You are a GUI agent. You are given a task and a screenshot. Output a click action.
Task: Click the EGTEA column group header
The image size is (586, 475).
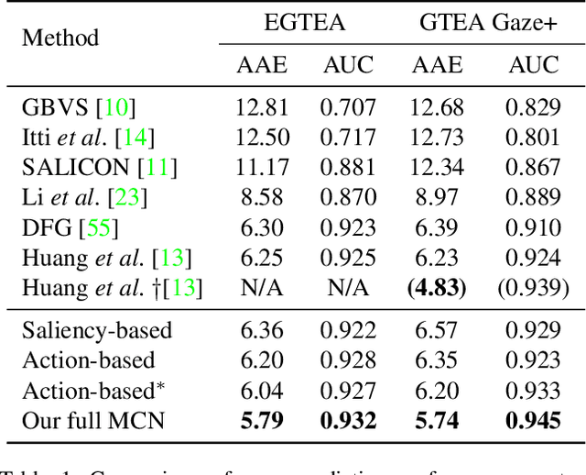click(304, 22)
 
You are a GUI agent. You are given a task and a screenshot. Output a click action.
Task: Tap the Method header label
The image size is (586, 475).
click(60, 39)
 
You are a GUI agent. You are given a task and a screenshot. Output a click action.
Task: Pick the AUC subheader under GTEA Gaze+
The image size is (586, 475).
click(533, 65)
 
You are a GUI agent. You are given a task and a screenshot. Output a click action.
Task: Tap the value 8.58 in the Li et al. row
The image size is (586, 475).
click(262, 197)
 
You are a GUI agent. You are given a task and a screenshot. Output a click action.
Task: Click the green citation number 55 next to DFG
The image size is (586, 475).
click(102, 227)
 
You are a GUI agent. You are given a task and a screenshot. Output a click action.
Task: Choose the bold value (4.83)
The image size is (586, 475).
click(438, 288)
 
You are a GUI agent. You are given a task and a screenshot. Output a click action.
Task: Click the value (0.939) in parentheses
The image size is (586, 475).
click(533, 288)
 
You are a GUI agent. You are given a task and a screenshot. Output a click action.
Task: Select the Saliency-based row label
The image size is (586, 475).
click(97, 330)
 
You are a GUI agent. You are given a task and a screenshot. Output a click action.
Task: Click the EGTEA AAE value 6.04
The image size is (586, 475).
click(262, 390)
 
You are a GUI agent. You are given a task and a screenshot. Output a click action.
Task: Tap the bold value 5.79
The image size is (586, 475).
click(262, 420)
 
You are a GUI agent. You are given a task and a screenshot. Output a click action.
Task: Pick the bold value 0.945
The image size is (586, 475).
click(533, 420)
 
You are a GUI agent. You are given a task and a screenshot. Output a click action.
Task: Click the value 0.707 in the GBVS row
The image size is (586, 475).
click(347, 108)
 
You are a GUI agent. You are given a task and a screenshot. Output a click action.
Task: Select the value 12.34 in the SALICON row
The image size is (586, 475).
click(438, 168)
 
